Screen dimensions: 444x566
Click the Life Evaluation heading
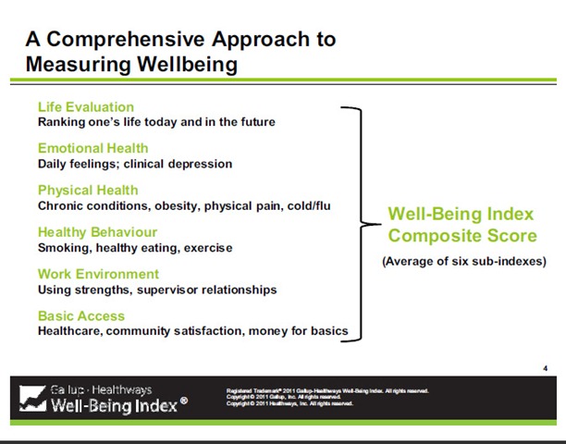pos(85,106)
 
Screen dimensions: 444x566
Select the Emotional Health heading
pos(92,148)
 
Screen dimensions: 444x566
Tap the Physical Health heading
pos(88,191)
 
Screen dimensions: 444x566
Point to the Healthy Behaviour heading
pos(97,232)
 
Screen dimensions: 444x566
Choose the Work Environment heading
pos(98,274)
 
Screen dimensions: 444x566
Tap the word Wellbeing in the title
pos(177,64)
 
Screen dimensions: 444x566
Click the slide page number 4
pos(545,368)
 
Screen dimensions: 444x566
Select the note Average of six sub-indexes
pos(463,261)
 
